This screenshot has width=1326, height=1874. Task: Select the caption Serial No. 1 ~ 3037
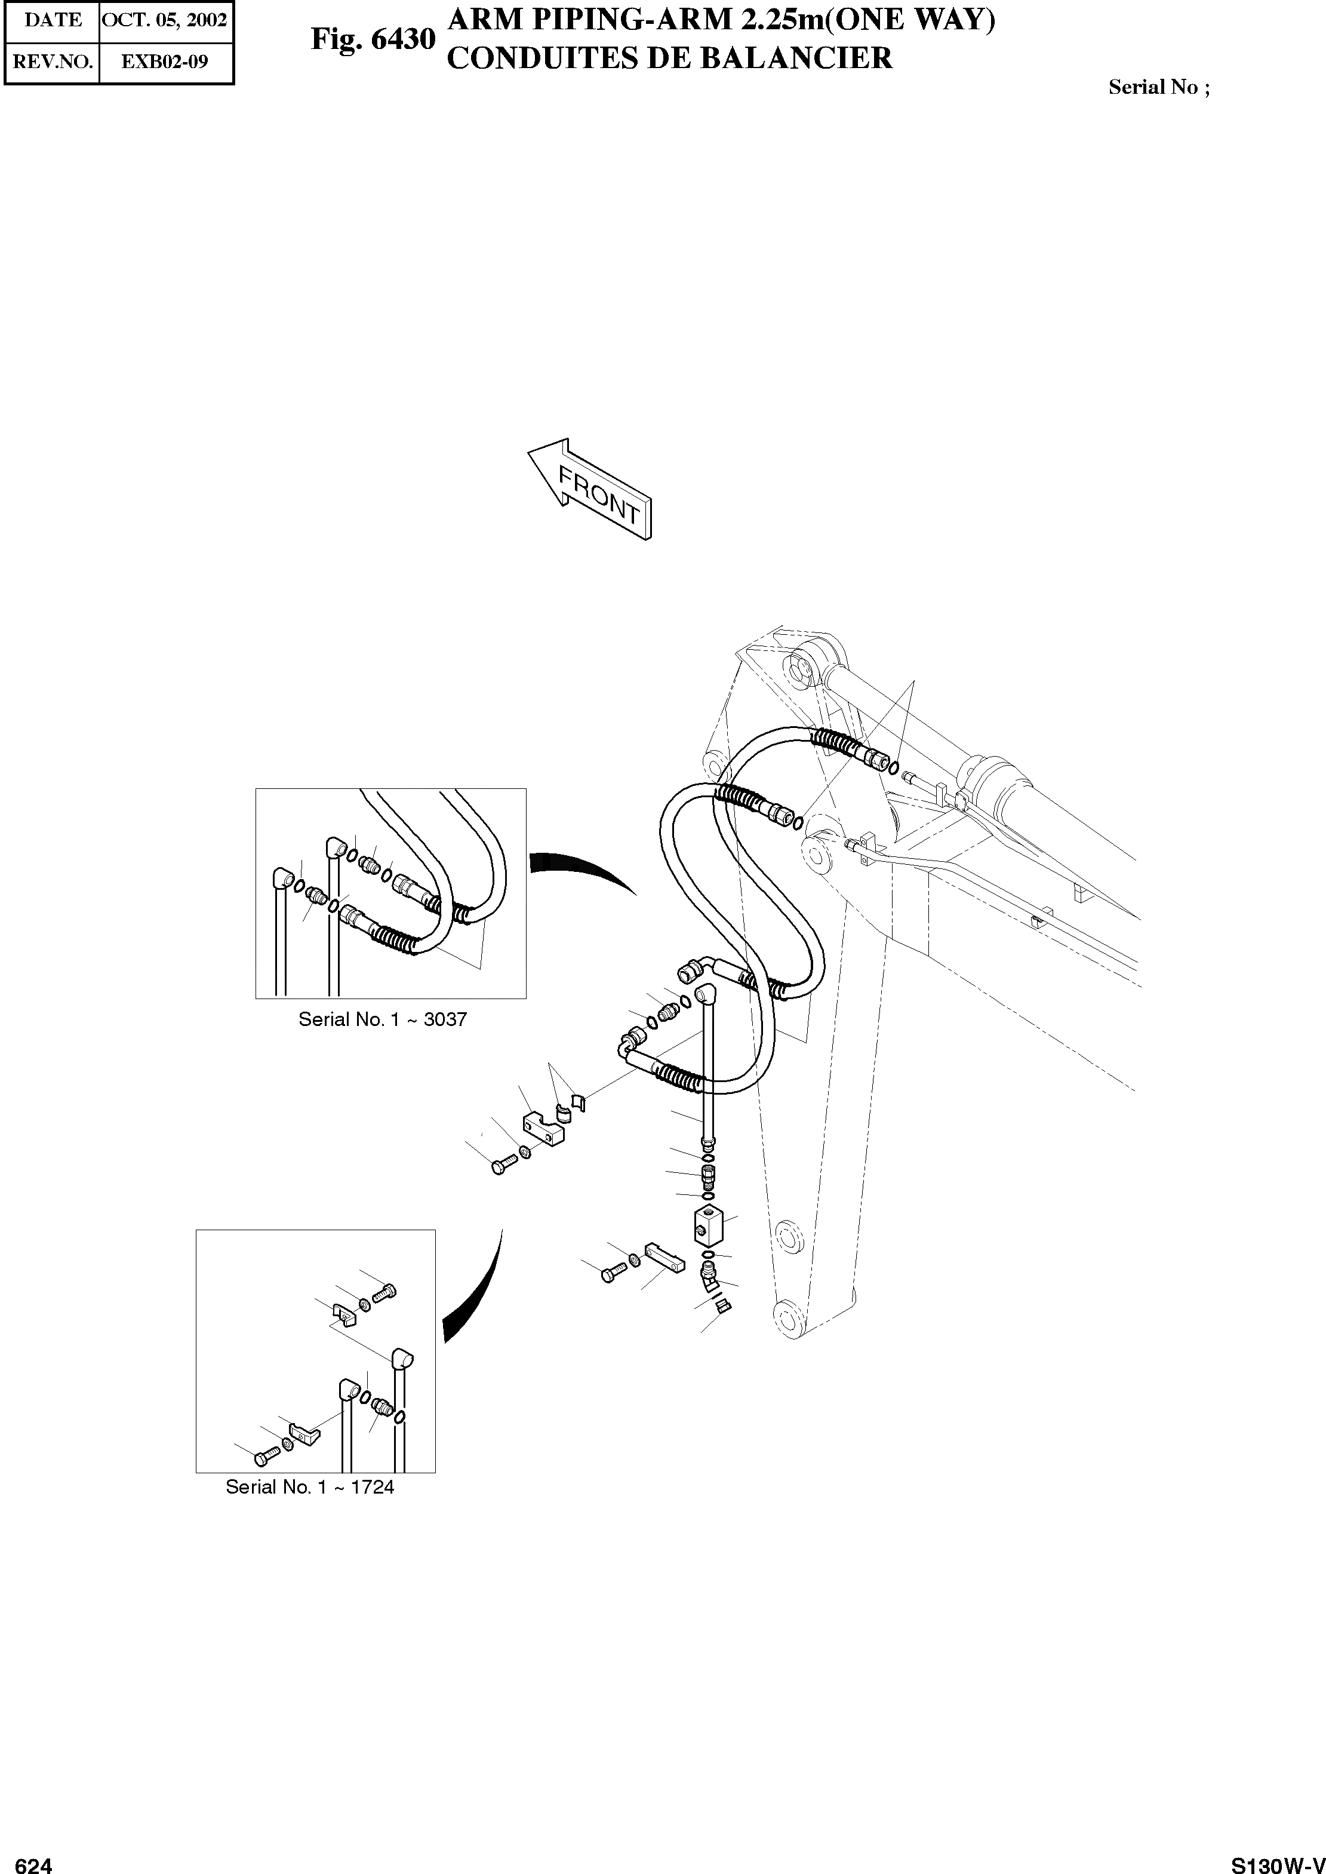[382, 1019]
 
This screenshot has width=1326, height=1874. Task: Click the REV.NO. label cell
[53, 62]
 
